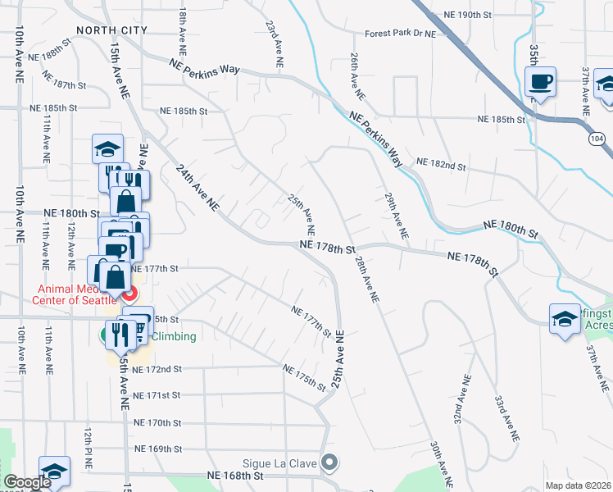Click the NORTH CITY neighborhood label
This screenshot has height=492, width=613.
pos(111,30)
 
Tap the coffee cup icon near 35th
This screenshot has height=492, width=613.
pos(540,82)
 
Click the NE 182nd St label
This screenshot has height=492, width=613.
pos(441,166)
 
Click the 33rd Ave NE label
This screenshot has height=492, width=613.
pos(506,419)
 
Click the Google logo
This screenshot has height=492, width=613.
pos(28,483)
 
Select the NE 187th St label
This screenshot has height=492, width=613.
pos(61,84)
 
